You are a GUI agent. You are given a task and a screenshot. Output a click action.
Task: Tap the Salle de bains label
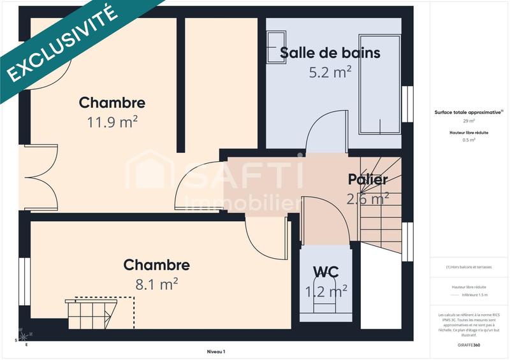pos(330,53)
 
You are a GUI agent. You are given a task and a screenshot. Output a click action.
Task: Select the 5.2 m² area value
pos(330,72)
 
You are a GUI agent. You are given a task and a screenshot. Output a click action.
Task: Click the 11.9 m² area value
pos(112,122)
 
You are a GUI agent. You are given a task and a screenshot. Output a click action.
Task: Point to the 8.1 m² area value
pos(156,284)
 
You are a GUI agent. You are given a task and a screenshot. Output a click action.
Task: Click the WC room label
pos(325,272)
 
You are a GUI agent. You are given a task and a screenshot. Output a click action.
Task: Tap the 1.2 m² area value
pos(326,291)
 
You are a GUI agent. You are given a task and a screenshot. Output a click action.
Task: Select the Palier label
pos(368,180)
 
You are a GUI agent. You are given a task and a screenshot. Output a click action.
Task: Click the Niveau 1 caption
pos(216,351)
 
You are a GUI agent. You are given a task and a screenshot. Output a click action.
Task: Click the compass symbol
pos(22,336)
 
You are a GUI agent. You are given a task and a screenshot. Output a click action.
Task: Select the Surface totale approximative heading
pos(468,112)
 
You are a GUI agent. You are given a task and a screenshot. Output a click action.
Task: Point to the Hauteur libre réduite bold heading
pos(469,133)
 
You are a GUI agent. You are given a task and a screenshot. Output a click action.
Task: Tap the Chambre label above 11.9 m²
pos(112,103)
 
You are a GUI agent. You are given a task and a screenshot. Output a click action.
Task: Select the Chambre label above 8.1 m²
pos(156,265)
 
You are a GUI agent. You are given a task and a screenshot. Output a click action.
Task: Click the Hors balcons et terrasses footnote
pos(469,267)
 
